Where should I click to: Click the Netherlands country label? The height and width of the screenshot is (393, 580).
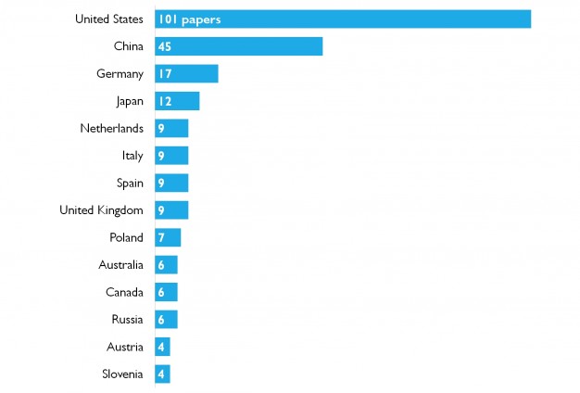111,128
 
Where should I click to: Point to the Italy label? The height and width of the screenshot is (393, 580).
132,156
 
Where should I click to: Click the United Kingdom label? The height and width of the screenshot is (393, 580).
101,210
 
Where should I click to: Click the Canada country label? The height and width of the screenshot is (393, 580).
124,292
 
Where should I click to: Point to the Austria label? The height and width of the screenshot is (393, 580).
124,347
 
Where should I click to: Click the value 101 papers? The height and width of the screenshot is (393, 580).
189,19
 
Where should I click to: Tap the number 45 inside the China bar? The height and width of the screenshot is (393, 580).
165,46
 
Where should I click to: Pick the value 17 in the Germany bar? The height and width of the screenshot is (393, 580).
164,73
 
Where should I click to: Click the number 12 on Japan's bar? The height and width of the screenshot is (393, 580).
164,101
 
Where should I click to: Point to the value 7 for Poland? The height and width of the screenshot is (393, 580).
161,237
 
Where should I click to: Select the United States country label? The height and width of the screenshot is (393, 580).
109,19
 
